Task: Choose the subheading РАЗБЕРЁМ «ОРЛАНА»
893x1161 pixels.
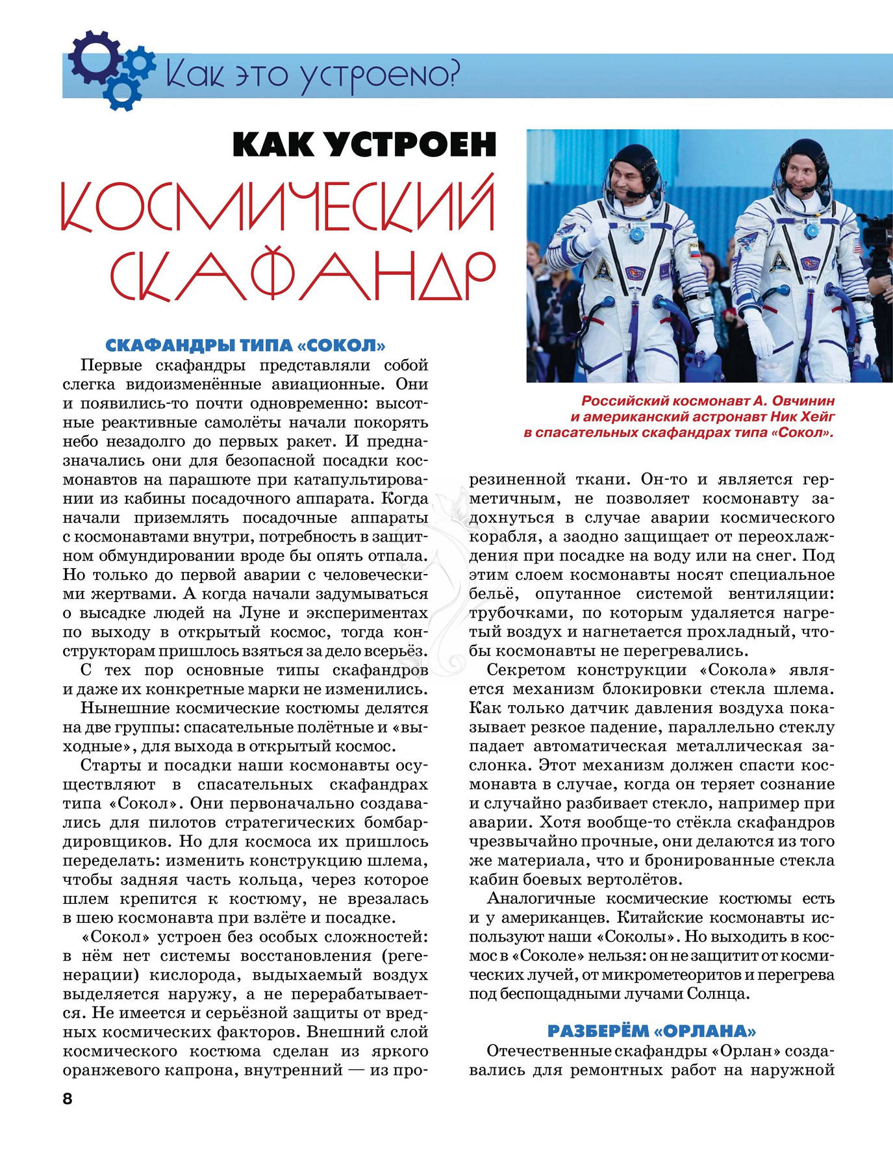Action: point(651,1030)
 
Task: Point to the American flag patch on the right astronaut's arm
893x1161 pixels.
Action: point(856,246)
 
